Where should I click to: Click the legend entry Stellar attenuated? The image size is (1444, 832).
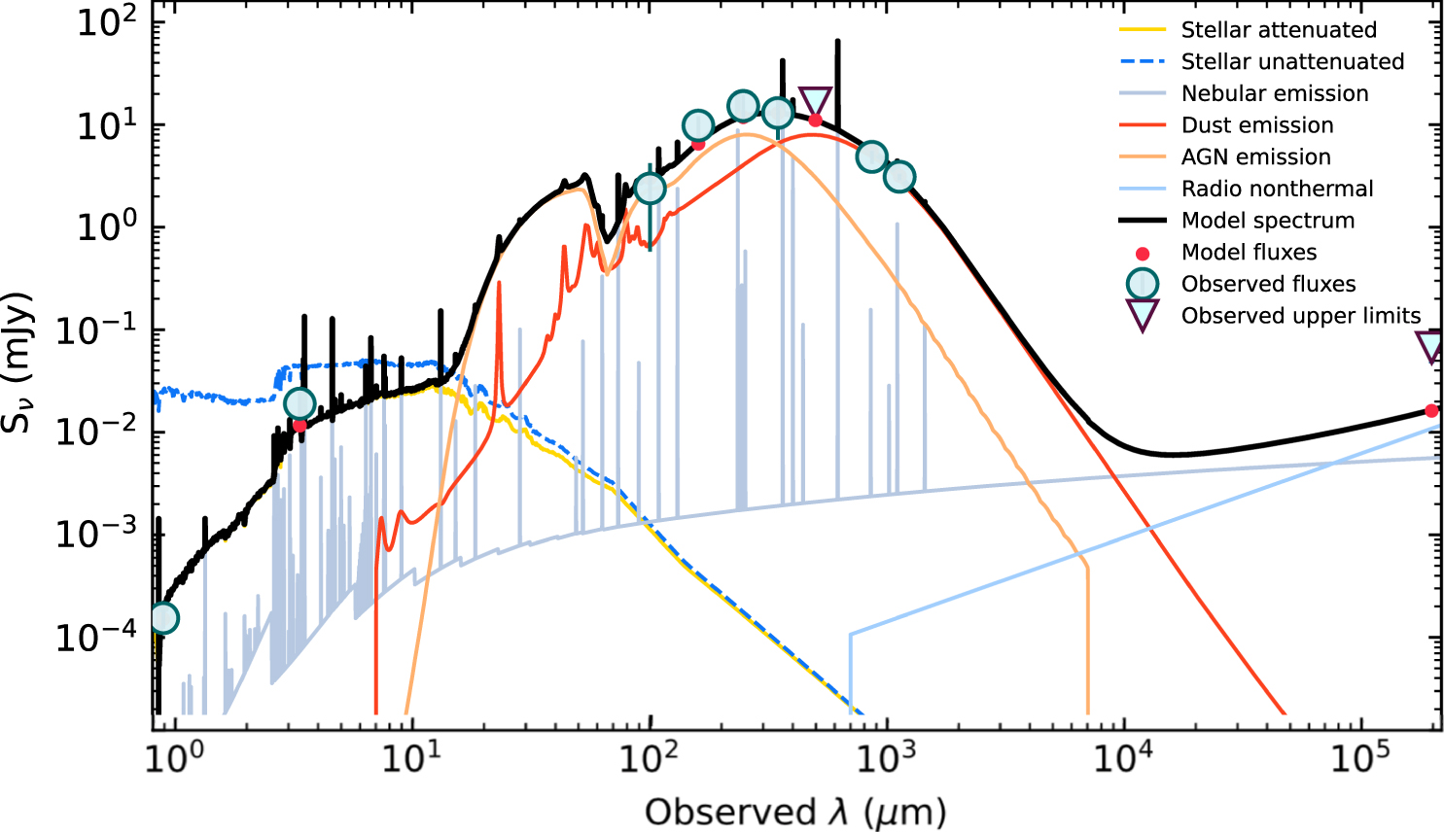(1278, 30)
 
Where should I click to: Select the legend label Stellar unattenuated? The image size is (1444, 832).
(1291, 62)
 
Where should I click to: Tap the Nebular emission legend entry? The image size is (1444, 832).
(1274, 94)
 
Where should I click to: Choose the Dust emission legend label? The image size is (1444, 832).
(1256, 125)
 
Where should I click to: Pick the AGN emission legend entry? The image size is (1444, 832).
(1255, 157)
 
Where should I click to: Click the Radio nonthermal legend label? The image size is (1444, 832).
(1277, 189)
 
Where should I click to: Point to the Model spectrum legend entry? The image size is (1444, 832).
(1267, 221)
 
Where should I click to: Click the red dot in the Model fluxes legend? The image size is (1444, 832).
(1143, 254)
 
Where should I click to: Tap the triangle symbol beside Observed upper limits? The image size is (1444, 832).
(1143, 315)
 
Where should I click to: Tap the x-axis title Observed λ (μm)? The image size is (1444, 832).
(794, 813)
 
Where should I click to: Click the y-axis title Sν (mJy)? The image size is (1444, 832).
(19, 362)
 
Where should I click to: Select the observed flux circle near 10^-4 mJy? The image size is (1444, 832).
(163, 618)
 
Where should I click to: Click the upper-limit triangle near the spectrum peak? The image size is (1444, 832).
(815, 101)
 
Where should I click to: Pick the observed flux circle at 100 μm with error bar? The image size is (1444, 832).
(650, 189)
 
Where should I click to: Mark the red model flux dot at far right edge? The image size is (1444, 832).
(1431, 411)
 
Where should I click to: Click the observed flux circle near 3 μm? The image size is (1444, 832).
(299, 404)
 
